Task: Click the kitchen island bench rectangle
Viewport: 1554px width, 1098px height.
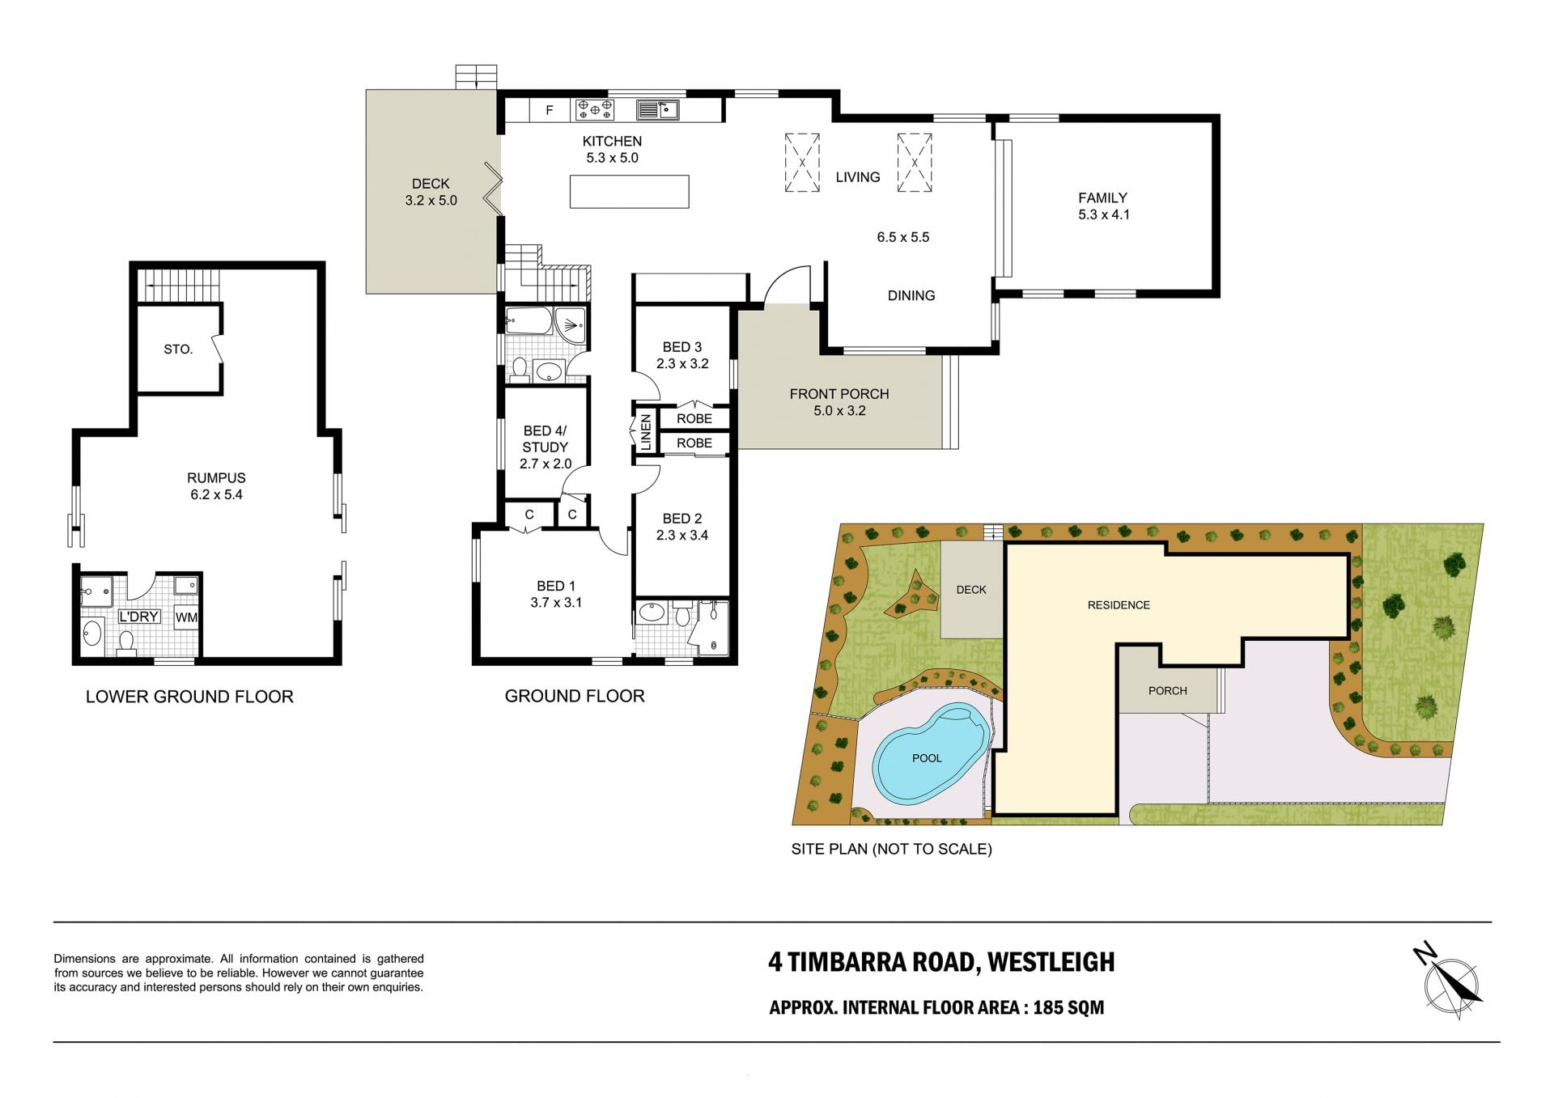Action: pos(629,192)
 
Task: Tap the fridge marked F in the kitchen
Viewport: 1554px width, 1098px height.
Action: pos(550,110)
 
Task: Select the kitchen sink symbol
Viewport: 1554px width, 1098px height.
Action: pos(657,109)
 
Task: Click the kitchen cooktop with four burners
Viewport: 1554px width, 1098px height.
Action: pos(594,109)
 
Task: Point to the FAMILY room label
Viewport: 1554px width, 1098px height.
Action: pos(1102,197)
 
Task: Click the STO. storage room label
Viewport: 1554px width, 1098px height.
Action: pos(178,350)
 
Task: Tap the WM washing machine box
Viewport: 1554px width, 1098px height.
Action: pos(186,617)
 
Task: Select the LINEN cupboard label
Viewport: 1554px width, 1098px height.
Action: pos(646,432)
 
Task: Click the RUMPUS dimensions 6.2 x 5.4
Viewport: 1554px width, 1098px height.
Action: pos(216,494)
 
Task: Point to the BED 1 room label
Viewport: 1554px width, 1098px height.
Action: pos(556,586)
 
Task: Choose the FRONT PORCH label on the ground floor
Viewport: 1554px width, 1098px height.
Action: pos(839,394)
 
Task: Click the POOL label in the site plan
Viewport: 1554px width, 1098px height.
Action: pos(927,758)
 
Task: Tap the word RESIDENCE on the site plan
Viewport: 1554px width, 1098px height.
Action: pos(1119,605)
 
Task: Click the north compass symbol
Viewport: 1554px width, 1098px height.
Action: pos(1450,982)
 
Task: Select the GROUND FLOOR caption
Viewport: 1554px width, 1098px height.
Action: pos(575,696)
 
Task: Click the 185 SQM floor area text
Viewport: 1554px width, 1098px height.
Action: pos(1068,1007)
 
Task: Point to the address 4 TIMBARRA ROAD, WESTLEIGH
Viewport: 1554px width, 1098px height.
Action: pos(941,962)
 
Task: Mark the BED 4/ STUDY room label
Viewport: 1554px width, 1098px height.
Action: pos(546,439)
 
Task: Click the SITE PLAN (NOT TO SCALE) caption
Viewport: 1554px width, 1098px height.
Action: pos(891,849)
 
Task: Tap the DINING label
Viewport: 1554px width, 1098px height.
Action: pos(911,295)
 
